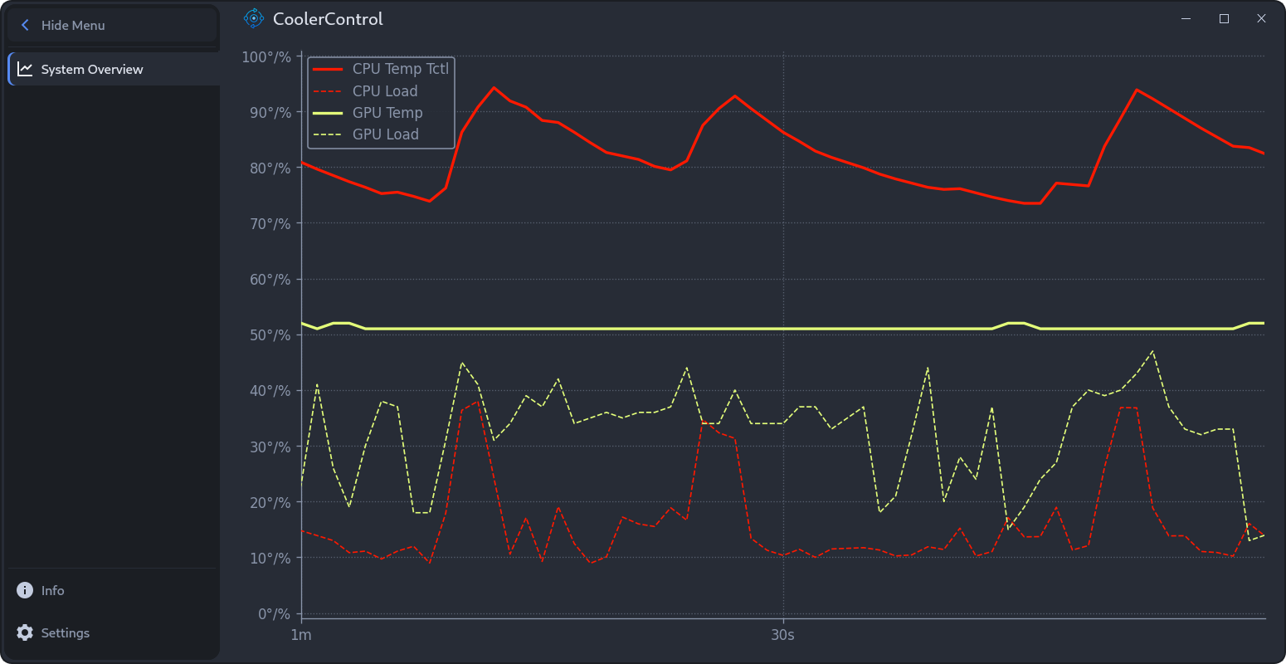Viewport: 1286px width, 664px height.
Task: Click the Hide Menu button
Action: pos(112,26)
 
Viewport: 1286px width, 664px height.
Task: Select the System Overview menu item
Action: pos(91,70)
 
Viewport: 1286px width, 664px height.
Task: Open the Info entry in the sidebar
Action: pos(52,591)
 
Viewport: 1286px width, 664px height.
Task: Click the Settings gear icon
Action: pos(26,632)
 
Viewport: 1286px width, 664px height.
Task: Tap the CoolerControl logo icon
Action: pos(253,18)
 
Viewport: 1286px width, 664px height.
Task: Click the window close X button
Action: pos(1261,18)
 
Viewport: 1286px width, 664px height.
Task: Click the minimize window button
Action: pos(1186,18)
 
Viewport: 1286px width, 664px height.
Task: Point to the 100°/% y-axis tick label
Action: pos(266,56)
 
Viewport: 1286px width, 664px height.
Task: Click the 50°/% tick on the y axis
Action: pos(270,335)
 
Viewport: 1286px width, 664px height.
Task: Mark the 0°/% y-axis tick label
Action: pos(274,614)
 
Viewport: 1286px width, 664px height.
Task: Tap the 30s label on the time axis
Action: pos(782,636)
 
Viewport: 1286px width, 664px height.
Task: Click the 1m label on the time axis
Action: pos(301,636)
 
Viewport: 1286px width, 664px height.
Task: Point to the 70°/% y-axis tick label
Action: pos(270,224)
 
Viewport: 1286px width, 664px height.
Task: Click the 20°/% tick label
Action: pos(270,503)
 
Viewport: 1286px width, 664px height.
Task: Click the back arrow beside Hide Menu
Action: pos(25,26)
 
